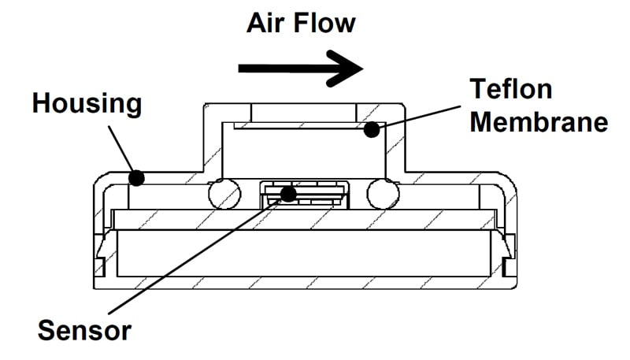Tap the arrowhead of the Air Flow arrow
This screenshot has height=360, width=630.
pos(346,69)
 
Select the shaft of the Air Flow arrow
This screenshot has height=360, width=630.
pos(283,69)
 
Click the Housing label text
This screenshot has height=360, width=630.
pos(87,103)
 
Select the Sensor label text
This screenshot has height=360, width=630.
pos(85,329)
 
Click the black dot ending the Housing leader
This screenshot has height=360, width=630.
pos(136,177)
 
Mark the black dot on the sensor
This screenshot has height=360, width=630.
pos(290,193)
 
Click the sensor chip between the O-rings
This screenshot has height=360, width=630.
pos(303,195)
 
